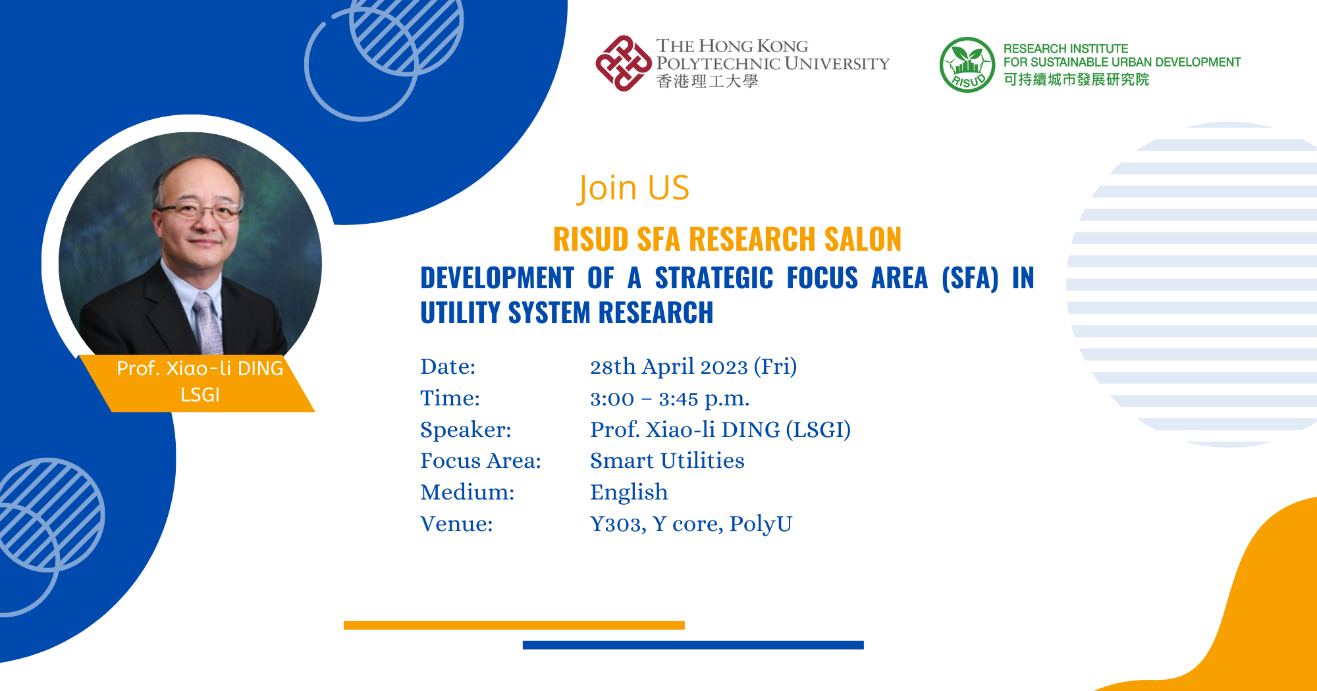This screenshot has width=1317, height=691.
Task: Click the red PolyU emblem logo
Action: [x=623, y=63]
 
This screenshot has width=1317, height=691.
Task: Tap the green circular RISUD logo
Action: [x=967, y=64]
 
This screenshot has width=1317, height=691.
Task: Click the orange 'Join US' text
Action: [x=633, y=188]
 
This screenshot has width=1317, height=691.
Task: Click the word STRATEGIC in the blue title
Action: [x=714, y=278]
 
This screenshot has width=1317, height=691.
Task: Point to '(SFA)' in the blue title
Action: [x=970, y=278]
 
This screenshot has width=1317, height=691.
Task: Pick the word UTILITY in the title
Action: [x=459, y=313]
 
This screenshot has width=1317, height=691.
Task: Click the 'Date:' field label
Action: [x=448, y=367]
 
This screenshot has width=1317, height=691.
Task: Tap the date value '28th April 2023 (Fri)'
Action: [x=693, y=367]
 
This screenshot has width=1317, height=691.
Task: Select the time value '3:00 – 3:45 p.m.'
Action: [x=669, y=399]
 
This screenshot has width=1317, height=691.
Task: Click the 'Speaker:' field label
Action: [x=466, y=430]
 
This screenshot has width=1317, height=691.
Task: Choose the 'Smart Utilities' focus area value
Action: [x=666, y=461]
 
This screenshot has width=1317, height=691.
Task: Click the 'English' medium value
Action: [x=629, y=492]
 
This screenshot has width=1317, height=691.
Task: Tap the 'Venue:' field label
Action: [x=456, y=524]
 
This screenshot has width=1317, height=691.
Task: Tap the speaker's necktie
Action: [x=208, y=322]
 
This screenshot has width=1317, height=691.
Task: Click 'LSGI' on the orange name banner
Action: [x=200, y=395]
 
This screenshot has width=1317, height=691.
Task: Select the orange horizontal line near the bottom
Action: [x=514, y=625]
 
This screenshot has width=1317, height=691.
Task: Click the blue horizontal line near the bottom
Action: [x=693, y=645]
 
